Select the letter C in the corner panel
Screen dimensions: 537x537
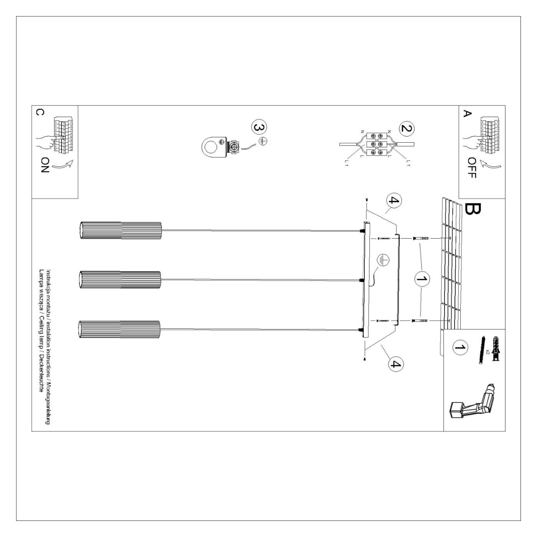[x=40, y=112]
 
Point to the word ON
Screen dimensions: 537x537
[x=45, y=165]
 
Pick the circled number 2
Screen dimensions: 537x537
[x=407, y=128]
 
